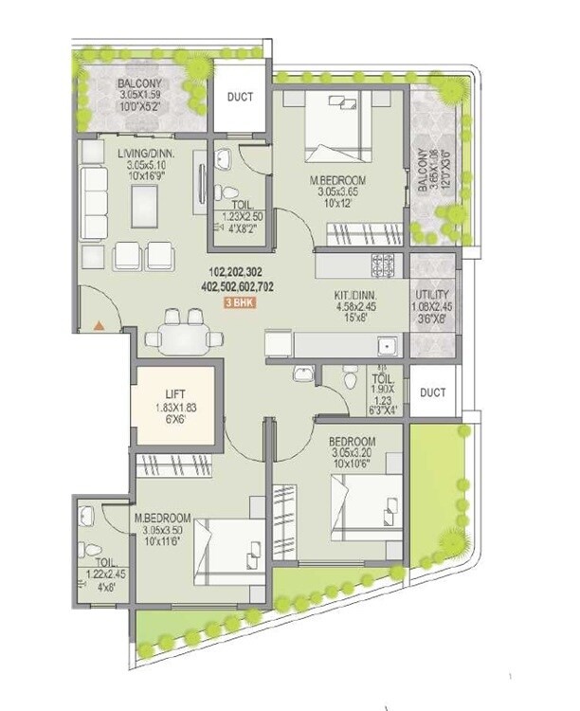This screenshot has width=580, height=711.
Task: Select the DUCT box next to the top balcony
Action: click(240, 97)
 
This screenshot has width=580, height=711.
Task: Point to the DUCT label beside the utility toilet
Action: click(433, 392)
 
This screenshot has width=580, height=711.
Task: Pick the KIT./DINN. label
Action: click(355, 295)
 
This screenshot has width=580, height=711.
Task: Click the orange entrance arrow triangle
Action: click(99, 325)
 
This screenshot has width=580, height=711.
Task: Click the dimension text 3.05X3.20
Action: click(353, 453)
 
